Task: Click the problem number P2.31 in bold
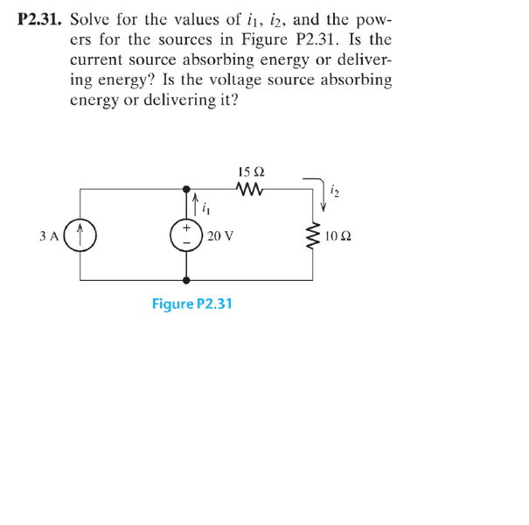[x=40, y=19]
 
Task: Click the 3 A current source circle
[x=80, y=235]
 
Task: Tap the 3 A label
[x=49, y=235]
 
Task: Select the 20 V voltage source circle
[x=186, y=235]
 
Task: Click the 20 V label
[x=220, y=235]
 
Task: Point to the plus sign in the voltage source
[x=186, y=227]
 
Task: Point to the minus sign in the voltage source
[x=186, y=242]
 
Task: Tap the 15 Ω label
[x=251, y=171]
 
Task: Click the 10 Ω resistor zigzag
[x=313, y=235]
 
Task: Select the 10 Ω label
[x=338, y=235]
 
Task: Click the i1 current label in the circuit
[x=205, y=209]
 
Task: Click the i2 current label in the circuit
[x=335, y=191]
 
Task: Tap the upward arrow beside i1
[x=195, y=204]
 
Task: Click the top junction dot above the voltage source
[x=186, y=189]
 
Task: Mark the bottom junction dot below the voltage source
[x=186, y=280]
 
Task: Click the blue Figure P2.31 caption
[x=192, y=304]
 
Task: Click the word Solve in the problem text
[x=90, y=19]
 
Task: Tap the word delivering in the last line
[x=180, y=101]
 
